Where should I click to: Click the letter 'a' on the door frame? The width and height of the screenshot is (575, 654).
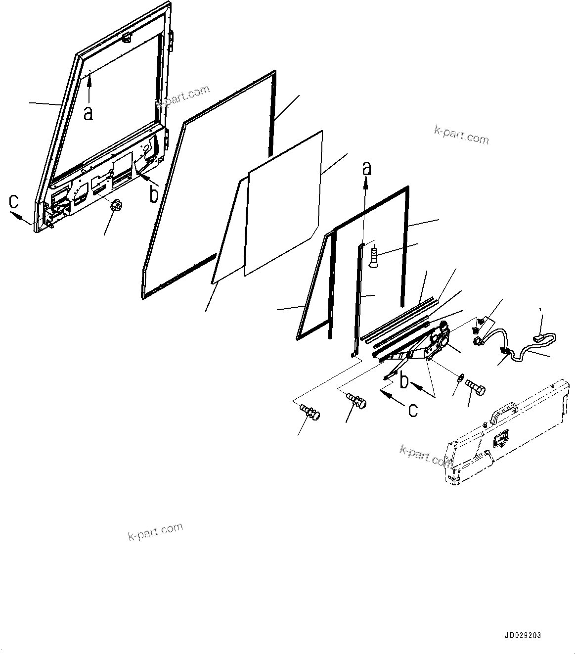(88, 113)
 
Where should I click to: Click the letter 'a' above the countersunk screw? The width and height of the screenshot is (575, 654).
(366, 169)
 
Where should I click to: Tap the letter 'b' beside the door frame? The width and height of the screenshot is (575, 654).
(154, 194)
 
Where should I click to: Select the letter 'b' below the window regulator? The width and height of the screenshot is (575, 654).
(404, 381)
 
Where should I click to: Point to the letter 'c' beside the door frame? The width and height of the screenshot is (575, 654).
(14, 201)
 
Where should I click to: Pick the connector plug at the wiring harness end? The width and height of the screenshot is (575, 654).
(540, 338)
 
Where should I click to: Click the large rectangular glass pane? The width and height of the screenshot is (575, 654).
(284, 203)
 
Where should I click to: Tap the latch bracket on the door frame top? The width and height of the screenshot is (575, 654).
(127, 37)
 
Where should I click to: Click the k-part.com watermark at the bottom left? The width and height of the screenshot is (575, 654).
(155, 532)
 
